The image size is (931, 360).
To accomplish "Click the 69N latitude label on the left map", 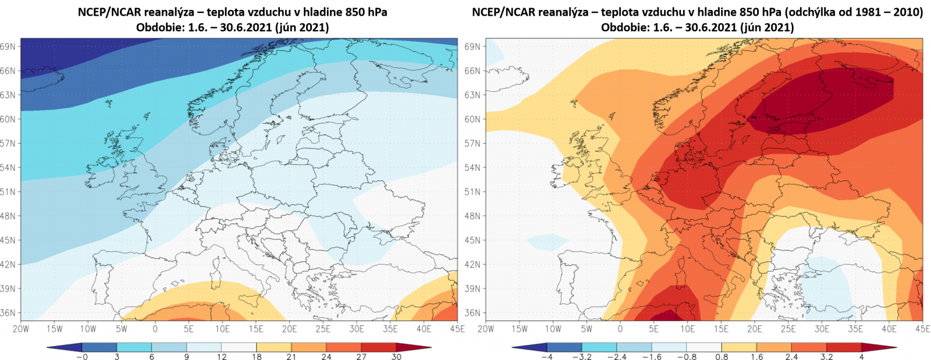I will [x=8, y=47].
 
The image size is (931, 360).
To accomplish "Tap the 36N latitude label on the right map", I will [x=473, y=313].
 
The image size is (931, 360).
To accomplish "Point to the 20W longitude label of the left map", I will [x=20, y=329].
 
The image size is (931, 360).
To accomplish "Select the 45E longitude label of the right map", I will [x=922, y=329].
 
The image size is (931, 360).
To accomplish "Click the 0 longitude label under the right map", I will [x=620, y=329].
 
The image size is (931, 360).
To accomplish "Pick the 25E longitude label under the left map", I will [x=323, y=329].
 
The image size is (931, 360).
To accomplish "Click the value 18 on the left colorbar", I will [x=257, y=357].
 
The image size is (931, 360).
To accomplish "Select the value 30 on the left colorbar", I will [x=396, y=357].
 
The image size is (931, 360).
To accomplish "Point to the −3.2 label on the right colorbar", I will [x=582, y=357].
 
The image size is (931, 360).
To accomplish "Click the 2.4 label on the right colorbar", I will [x=791, y=357].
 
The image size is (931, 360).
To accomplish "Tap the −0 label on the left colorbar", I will [x=82, y=357].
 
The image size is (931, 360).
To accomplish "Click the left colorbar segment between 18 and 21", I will [x=274, y=348].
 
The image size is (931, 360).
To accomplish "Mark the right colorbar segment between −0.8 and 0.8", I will [x=704, y=348].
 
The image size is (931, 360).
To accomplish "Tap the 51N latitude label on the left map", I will [x=8, y=192].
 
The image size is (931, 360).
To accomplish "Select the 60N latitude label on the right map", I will [x=473, y=119].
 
